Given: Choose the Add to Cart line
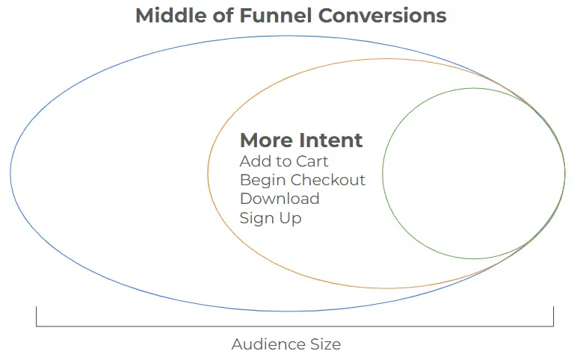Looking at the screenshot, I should (x=284, y=161).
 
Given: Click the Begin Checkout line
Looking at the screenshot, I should (x=303, y=180).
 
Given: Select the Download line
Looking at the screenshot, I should (x=280, y=199).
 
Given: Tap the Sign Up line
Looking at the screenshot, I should (x=271, y=217).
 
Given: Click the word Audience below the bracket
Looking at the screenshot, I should (x=266, y=344).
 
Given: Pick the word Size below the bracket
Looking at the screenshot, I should (x=324, y=344).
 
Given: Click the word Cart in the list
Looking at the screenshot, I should (x=312, y=161).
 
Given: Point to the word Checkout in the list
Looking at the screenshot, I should (x=328, y=180).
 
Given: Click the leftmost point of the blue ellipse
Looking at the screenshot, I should (x=10, y=173).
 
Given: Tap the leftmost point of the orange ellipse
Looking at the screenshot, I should (x=208, y=173).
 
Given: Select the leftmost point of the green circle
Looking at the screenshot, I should (x=383, y=173).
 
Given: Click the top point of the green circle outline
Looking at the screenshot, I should (x=474, y=88).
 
